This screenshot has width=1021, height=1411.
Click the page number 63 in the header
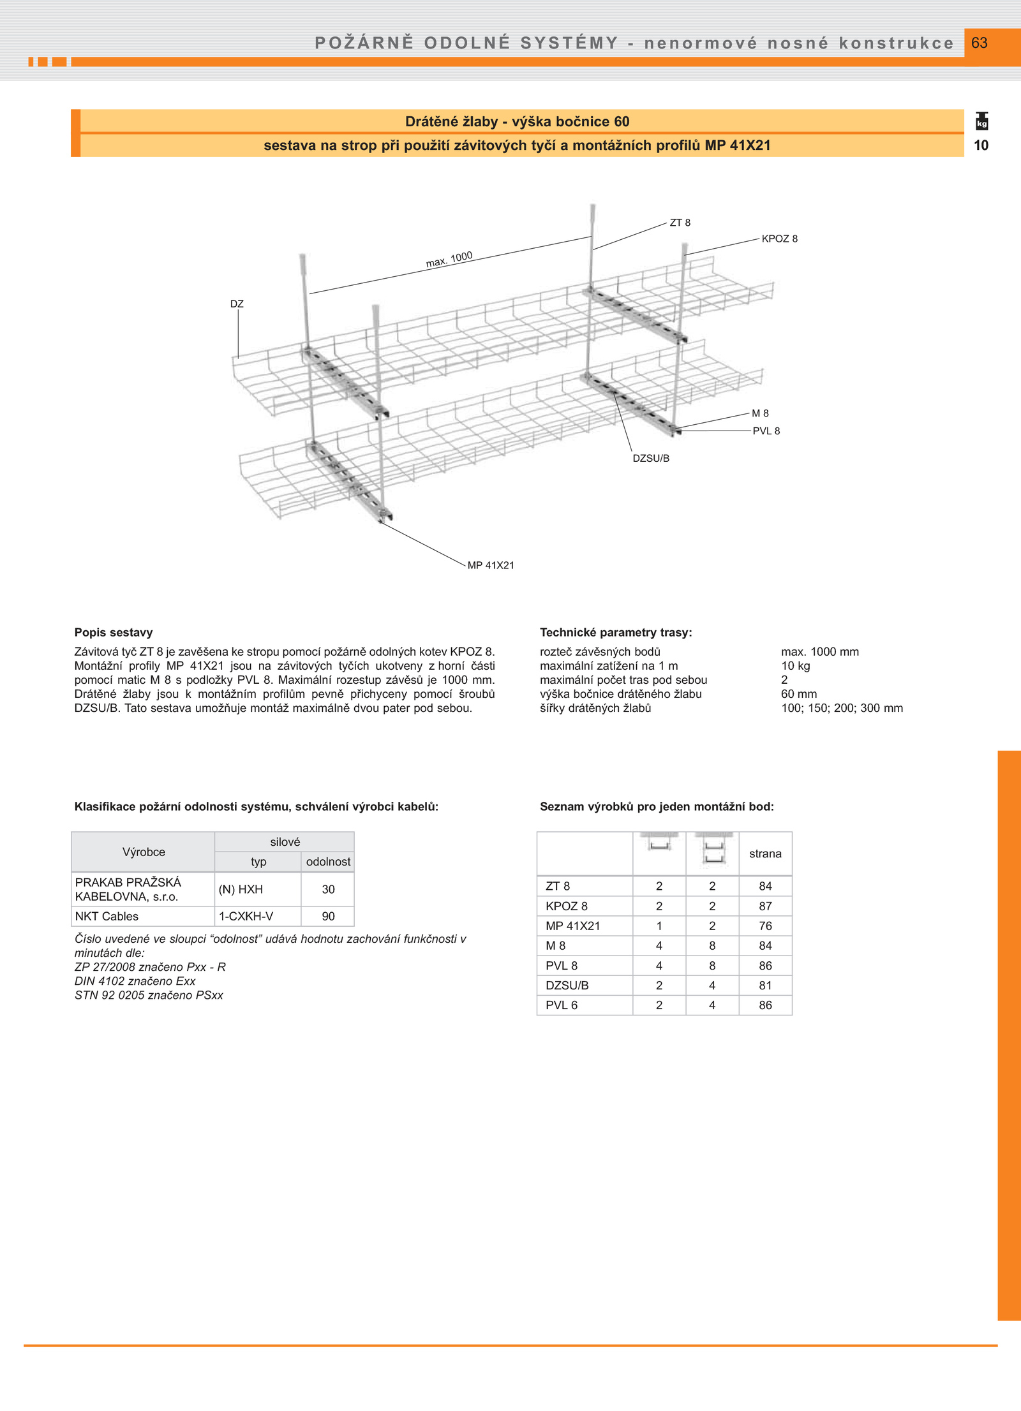pyautogui.click(x=979, y=43)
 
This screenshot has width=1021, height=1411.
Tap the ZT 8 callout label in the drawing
pyautogui.click(x=680, y=223)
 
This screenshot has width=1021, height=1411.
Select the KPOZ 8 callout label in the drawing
pyautogui.click(x=779, y=239)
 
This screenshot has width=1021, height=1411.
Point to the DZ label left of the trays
pyautogui.click(x=237, y=304)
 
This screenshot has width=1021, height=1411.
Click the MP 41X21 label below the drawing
pyautogui.click(x=490, y=565)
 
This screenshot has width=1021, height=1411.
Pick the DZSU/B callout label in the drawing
pyautogui.click(x=651, y=458)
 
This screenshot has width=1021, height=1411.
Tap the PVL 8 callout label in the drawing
pyautogui.click(x=766, y=431)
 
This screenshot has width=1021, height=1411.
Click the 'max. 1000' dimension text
pyautogui.click(x=449, y=259)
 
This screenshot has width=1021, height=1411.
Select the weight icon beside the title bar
pyautogui.click(x=981, y=121)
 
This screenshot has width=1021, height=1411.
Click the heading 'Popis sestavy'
pyautogui.click(x=114, y=632)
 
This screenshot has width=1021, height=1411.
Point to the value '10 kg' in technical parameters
pyautogui.click(x=795, y=666)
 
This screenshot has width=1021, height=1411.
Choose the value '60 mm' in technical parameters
pyautogui.click(x=798, y=694)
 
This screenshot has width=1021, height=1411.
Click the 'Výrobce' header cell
pyautogui.click(x=144, y=852)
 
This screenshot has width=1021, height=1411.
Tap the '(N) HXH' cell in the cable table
pyautogui.click(x=241, y=889)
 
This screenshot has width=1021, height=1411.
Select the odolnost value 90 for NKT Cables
pyautogui.click(x=328, y=916)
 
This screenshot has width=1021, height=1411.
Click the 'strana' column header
pyautogui.click(x=765, y=853)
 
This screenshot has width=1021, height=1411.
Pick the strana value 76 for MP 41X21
pyautogui.click(x=765, y=926)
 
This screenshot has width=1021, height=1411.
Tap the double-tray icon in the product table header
pyautogui.click(x=713, y=849)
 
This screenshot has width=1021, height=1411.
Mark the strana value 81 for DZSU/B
pyautogui.click(x=765, y=985)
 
